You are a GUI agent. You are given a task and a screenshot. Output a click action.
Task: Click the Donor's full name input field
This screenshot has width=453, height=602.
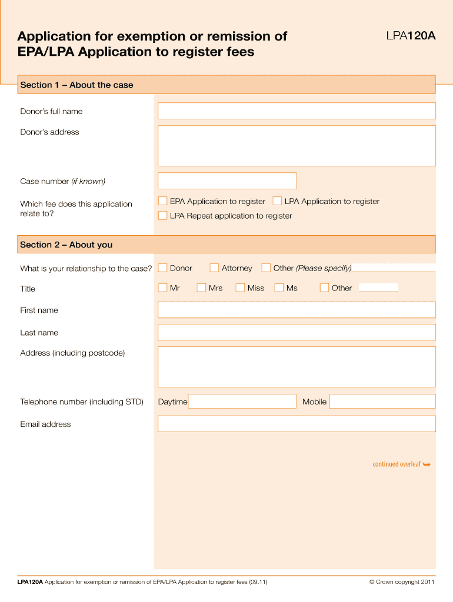[x=297, y=111]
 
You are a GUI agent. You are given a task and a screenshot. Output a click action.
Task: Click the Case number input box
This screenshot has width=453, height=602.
[x=227, y=181]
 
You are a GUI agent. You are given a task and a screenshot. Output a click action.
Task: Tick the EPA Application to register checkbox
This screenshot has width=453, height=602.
[x=163, y=201]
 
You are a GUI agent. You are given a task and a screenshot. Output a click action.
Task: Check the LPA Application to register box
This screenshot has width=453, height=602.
[x=278, y=201]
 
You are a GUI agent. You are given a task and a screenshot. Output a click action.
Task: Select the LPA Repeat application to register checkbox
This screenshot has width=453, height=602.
[x=163, y=216]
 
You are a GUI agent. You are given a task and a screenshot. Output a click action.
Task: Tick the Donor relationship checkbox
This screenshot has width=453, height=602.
[x=163, y=268]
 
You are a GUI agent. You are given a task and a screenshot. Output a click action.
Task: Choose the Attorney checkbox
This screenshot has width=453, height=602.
[x=215, y=268]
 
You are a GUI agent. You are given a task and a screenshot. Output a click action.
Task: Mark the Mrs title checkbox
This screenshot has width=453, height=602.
[x=201, y=288]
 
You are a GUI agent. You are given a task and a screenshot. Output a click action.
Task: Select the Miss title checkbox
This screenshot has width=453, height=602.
[x=240, y=288]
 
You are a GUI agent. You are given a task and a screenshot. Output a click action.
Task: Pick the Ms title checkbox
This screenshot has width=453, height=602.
[x=279, y=288]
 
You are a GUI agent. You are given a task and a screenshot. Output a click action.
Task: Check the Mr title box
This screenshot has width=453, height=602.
[x=163, y=288]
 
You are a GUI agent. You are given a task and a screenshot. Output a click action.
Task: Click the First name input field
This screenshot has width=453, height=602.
[x=297, y=310]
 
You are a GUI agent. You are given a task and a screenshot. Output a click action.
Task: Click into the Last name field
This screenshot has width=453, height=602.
[x=297, y=332]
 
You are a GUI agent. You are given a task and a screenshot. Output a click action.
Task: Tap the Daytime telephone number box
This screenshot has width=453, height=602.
[x=242, y=402]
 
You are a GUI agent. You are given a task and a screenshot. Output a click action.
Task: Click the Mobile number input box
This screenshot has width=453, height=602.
[x=382, y=402]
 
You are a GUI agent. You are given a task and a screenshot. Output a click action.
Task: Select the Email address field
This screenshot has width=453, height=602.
[x=297, y=424]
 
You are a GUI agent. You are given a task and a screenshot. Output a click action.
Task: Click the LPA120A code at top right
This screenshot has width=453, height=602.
[x=411, y=36]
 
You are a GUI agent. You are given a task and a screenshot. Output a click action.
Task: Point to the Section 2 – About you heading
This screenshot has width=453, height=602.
[x=66, y=245]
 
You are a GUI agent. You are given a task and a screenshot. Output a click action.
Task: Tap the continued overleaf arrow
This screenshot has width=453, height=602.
[x=427, y=464]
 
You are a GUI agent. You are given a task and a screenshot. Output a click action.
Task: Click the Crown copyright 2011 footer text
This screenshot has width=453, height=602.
[x=402, y=582]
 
